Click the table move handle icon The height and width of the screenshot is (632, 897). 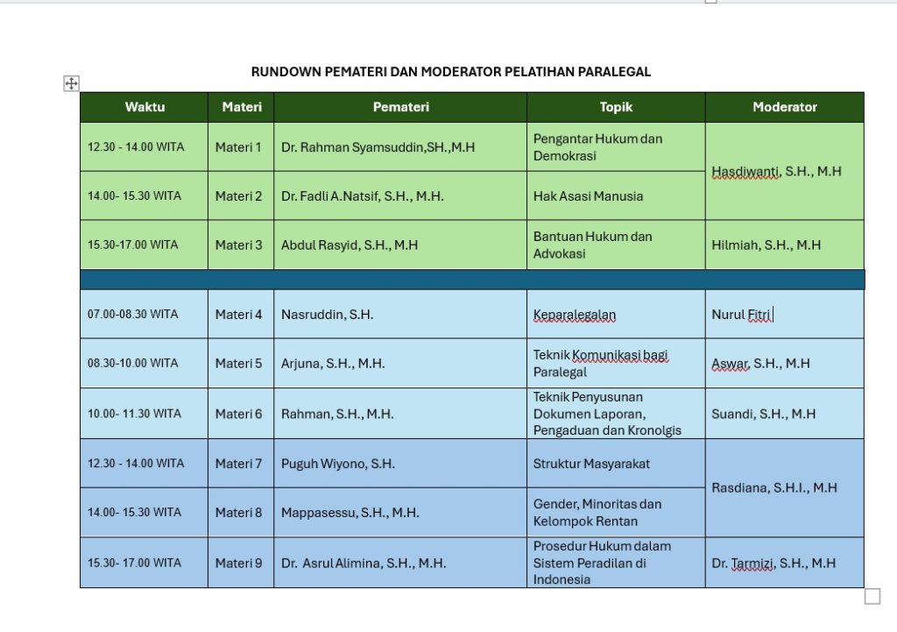click(72, 84)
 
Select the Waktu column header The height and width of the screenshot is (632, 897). click(145, 107)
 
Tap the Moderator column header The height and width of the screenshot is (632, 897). click(784, 107)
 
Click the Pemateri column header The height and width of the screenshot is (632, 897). click(400, 107)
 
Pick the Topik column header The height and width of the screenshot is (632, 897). click(616, 107)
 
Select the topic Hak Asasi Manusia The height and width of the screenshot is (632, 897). click(588, 196)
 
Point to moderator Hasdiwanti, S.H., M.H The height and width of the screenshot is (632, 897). click(776, 172)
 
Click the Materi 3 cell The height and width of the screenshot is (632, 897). click(238, 245)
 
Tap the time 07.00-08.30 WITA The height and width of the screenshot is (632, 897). click(132, 314)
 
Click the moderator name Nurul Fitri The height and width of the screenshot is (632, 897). click(741, 315)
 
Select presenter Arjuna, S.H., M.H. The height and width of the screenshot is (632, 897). click(333, 364)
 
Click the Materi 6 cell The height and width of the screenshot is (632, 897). click(238, 414)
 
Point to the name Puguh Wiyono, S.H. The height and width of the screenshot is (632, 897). click(338, 464)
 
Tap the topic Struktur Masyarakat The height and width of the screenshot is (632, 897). click(591, 464)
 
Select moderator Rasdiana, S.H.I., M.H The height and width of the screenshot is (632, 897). click(774, 487)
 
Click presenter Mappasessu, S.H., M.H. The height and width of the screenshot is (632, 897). click(350, 513)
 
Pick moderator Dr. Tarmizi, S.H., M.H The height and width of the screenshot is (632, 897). click(773, 563)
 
